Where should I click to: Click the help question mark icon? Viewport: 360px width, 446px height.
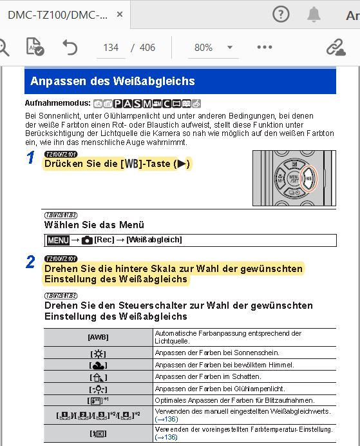[281, 14]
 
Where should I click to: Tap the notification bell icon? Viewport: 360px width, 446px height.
[314, 14]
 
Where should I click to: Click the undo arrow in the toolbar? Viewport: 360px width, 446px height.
[70, 47]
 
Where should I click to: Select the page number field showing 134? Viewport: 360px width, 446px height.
[111, 48]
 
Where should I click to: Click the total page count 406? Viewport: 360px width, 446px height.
[147, 48]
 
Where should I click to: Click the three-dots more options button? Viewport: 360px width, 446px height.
[265, 47]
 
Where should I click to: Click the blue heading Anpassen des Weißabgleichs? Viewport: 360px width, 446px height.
[113, 81]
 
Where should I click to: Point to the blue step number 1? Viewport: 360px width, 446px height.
[31, 158]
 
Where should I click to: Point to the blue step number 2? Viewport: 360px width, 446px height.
[31, 262]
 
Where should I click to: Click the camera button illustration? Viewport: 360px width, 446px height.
[294, 179]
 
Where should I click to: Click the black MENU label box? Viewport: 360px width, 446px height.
[58, 240]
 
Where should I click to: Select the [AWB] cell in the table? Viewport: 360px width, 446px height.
[98, 336]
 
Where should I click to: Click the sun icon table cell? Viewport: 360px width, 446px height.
[98, 353]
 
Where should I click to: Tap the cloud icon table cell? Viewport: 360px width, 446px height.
[98, 365]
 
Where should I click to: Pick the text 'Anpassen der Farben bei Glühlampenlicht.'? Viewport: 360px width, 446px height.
[220, 389]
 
